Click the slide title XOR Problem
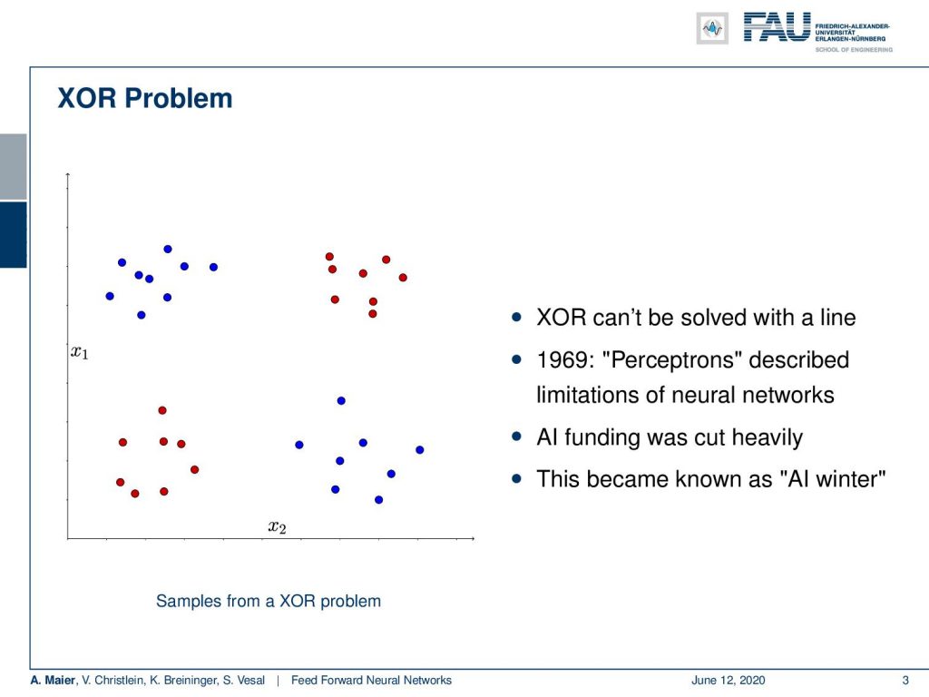[144, 98]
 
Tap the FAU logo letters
[777, 27]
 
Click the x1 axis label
[80, 353]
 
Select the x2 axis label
[277, 526]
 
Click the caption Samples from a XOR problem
[269, 601]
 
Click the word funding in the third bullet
[602, 437]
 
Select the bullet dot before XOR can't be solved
[516, 317]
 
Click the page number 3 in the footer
[905, 681]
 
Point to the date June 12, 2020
[729, 681]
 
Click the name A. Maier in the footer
[54, 681]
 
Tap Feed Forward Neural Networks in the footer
[371, 681]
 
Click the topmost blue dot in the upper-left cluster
[168, 249]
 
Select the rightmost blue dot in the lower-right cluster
[419, 450]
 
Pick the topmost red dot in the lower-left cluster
[162, 410]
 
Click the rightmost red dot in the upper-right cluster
[403, 278]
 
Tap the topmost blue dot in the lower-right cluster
[341, 400]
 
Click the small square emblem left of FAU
[712, 28]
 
